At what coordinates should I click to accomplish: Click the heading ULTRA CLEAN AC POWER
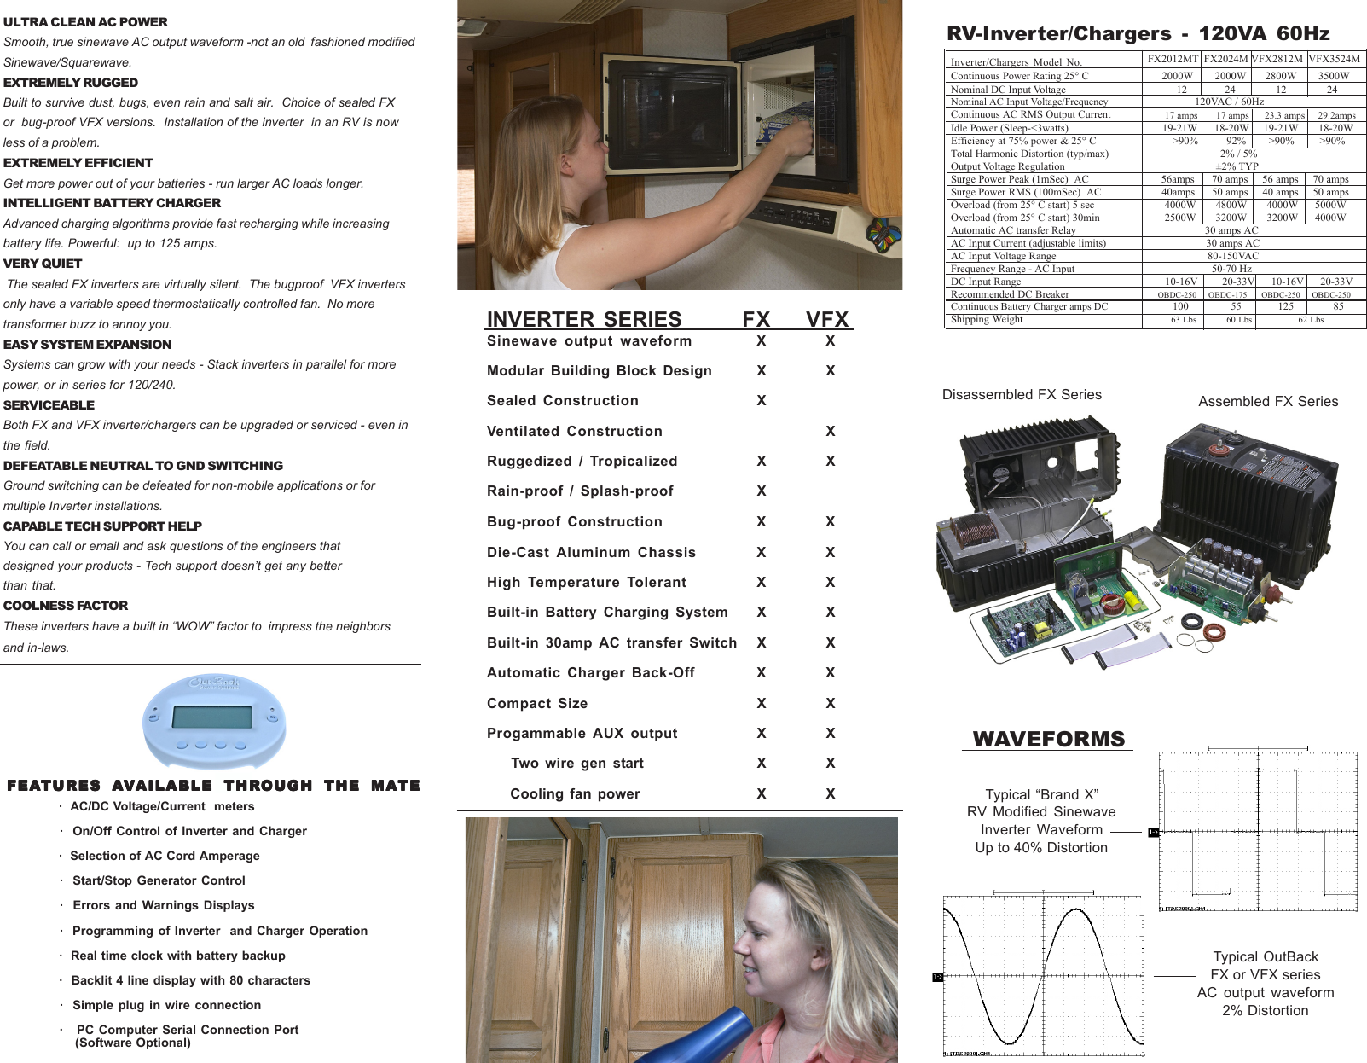pyautogui.click(x=85, y=22)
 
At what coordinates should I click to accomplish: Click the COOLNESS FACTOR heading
pyautogui.click(x=66, y=606)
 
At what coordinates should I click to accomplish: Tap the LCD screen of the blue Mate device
pyautogui.click(x=211, y=717)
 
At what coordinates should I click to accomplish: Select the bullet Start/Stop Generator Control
pyautogui.click(x=159, y=880)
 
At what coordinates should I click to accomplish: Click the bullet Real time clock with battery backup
pyautogui.click(x=177, y=956)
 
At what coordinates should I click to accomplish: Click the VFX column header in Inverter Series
pyautogui.click(x=827, y=319)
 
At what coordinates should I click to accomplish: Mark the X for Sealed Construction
pyautogui.click(x=762, y=400)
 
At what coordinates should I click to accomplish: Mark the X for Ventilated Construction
pyautogui.click(x=831, y=431)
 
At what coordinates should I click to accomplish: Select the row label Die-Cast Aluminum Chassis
pyautogui.click(x=591, y=552)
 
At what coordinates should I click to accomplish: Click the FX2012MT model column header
pyautogui.click(x=1173, y=59)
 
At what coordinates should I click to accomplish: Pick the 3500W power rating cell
pyautogui.click(x=1334, y=76)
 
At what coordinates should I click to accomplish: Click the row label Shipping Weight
pyautogui.click(x=987, y=319)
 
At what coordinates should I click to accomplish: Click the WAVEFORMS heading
pyautogui.click(x=1049, y=739)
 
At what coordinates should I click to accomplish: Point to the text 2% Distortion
pyautogui.click(x=1265, y=1010)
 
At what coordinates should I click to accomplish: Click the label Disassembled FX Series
pyautogui.click(x=1022, y=394)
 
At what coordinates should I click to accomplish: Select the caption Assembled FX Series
pyautogui.click(x=1268, y=401)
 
